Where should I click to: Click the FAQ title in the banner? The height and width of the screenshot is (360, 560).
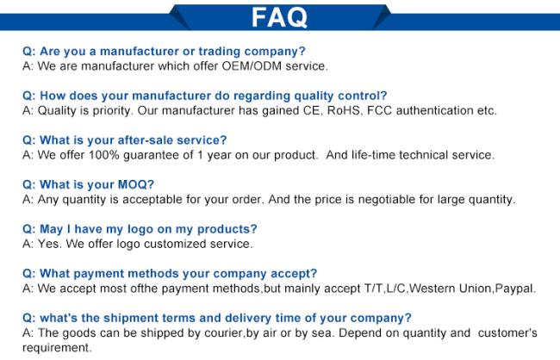pyautogui.click(x=279, y=17)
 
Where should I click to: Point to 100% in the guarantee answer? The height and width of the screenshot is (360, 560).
pyautogui.click(x=103, y=155)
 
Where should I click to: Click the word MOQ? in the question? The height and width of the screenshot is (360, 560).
pyautogui.click(x=136, y=184)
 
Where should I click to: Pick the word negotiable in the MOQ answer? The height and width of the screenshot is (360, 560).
pyautogui.click(x=387, y=199)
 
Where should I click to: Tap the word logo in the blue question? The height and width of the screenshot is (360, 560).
pyautogui.click(x=140, y=229)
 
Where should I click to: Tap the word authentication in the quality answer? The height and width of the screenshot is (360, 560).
pyautogui.click(x=434, y=110)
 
